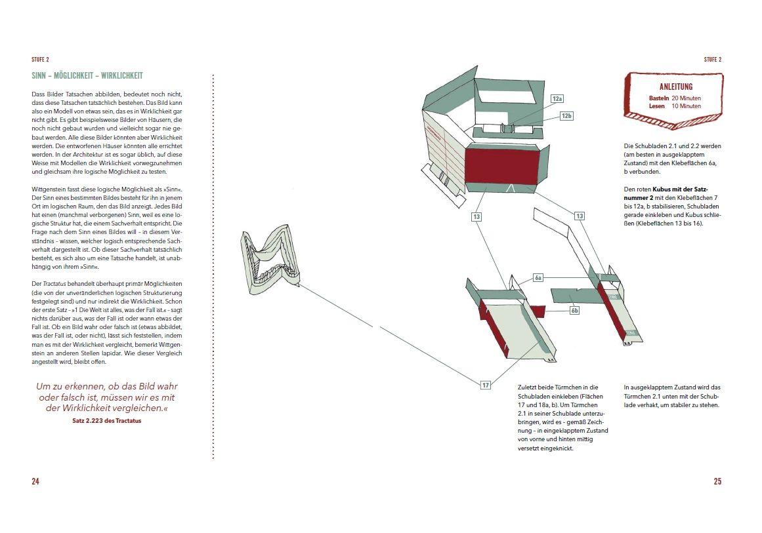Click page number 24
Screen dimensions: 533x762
pyautogui.click(x=35, y=481)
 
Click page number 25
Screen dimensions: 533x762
pyautogui.click(x=717, y=481)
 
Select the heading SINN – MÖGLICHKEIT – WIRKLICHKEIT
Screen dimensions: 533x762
pyautogui.click(x=87, y=75)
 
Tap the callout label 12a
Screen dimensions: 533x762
pyautogui.click(x=558, y=98)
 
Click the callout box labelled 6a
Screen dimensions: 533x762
pyautogui.click(x=538, y=278)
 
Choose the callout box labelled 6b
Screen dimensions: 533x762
pyautogui.click(x=574, y=310)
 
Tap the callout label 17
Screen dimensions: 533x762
pyautogui.click(x=486, y=385)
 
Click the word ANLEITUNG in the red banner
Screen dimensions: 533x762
pyautogui.click(x=675, y=87)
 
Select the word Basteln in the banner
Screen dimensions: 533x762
pyautogui.click(x=658, y=98)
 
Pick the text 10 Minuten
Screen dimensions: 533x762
pyautogui.click(x=686, y=106)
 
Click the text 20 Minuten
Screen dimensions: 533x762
pyautogui.click(x=686, y=98)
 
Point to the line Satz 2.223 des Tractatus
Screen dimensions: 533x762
pyautogui.click(x=106, y=421)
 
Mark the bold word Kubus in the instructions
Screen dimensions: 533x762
pyautogui.click(x=664, y=189)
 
